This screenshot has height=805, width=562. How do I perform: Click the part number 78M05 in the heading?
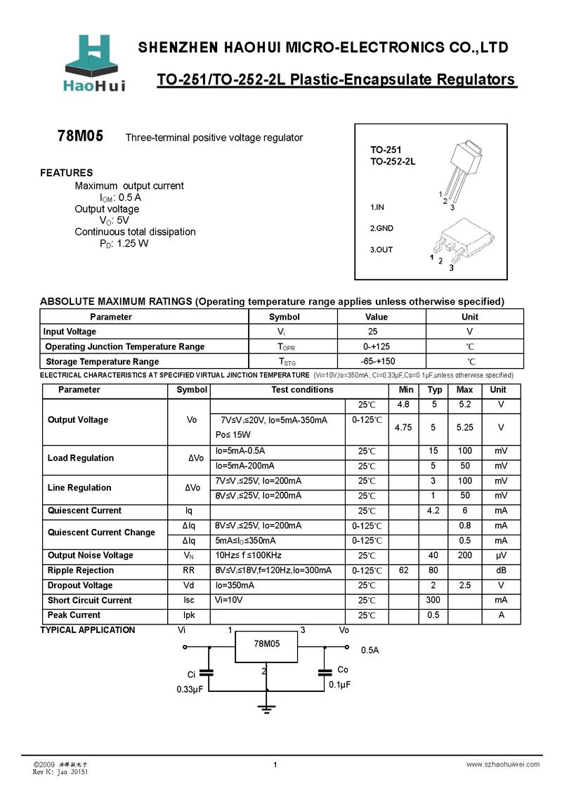tap(80, 137)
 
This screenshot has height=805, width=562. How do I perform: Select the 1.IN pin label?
tap(377, 208)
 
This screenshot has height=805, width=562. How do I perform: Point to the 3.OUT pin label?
tap(381, 249)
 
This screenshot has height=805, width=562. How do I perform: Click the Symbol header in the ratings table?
tap(284, 317)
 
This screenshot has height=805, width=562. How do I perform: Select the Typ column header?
tap(435, 390)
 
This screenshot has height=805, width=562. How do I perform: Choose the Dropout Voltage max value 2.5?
tap(464, 585)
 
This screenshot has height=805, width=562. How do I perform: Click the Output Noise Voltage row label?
tap(90, 556)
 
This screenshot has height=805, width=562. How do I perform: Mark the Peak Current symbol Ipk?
tap(189, 615)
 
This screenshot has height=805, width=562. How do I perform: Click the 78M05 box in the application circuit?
tap(266, 646)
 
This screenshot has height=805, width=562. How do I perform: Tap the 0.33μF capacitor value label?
tap(190, 690)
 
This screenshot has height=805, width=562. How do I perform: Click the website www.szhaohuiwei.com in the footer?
tap(503, 764)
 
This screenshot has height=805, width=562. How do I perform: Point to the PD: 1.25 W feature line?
tap(124, 244)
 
